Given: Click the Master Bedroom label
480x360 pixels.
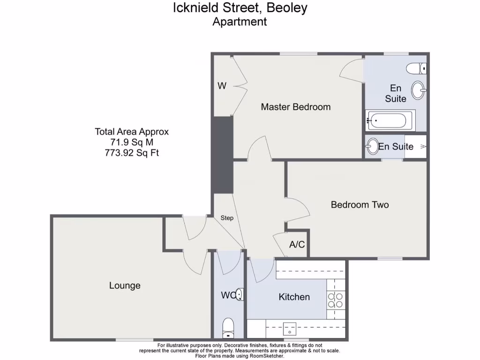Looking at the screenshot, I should (x=295, y=107).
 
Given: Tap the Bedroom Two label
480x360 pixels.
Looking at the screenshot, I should (x=360, y=205).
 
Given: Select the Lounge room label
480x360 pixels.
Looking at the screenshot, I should (x=125, y=285).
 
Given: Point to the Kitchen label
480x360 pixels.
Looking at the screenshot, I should (x=294, y=297).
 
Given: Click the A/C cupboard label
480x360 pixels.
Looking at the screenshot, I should (x=297, y=244).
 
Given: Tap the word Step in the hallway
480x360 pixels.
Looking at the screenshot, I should (x=227, y=218).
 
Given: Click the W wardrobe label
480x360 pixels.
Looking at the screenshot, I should (x=222, y=86).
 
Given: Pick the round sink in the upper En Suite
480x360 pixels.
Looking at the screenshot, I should (x=419, y=88).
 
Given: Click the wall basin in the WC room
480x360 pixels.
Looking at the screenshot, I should (x=240, y=295).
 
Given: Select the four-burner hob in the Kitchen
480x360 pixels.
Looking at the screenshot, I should (x=336, y=300).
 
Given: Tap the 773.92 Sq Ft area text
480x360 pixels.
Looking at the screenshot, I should (x=131, y=152).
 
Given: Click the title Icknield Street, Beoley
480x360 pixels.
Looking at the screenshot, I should (x=240, y=8).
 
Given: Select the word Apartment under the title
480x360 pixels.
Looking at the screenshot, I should (x=240, y=22).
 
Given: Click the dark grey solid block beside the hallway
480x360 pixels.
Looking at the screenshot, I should (x=223, y=155).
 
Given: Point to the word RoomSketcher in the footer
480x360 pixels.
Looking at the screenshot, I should (x=268, y=356).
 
